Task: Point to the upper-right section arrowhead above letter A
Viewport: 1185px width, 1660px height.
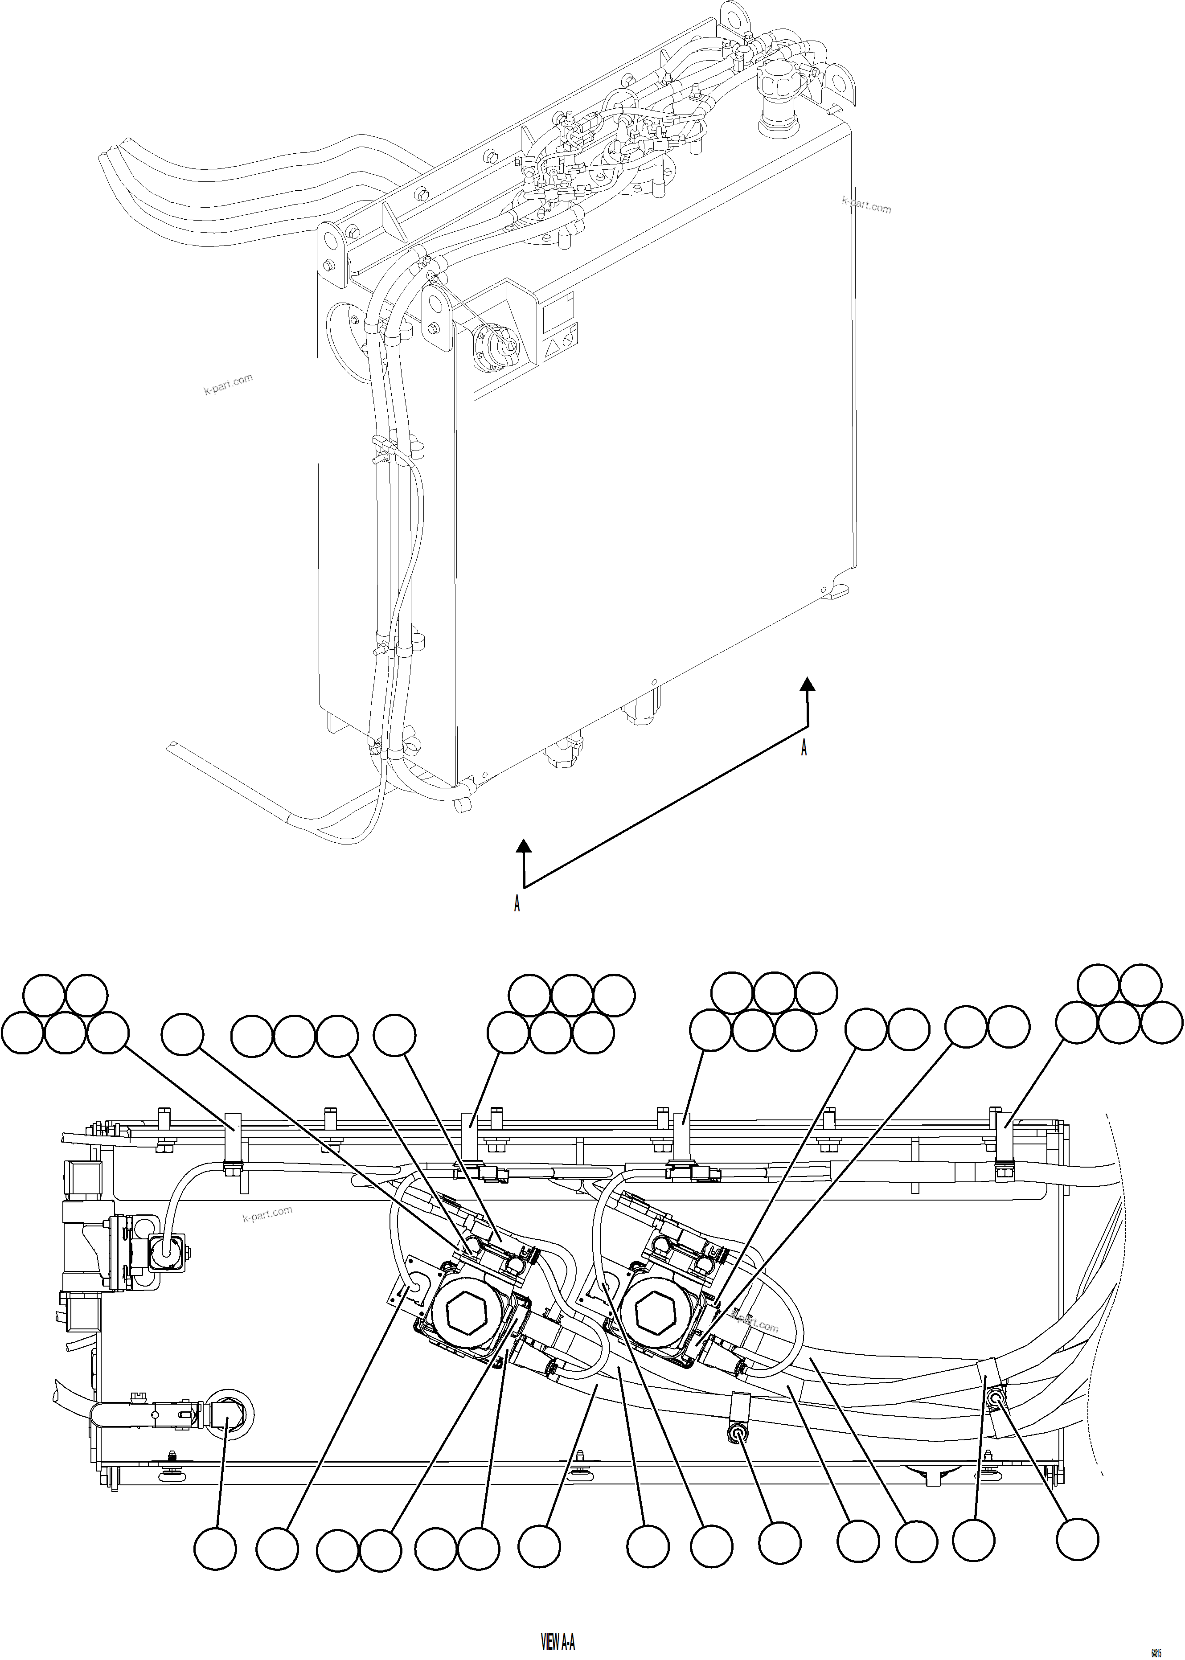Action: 807,684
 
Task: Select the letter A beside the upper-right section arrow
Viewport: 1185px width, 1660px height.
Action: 804,748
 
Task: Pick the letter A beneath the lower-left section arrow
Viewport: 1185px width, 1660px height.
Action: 517,903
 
